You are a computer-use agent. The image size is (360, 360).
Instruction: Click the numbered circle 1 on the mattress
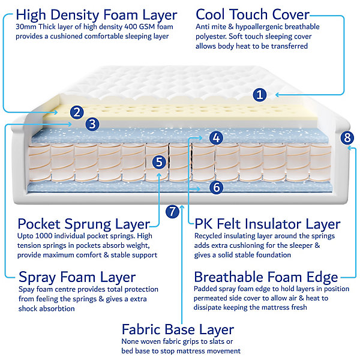click(260, 95)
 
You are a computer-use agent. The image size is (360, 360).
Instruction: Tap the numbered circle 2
click(77, 112)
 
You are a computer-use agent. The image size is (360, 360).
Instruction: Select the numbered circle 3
click(92, 124)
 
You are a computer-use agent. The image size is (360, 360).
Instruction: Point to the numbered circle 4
click(216, 138)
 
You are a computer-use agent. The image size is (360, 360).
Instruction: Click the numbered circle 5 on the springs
click(159, 162)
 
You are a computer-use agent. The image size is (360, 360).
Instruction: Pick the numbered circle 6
click(216, 187)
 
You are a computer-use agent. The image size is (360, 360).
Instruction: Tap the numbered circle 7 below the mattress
click(172, 211)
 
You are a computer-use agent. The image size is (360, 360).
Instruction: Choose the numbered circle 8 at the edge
click(347, 138)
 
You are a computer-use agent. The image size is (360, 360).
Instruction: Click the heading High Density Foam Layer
click(97, 15)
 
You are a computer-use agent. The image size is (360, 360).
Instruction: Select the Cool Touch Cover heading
click(253, 14)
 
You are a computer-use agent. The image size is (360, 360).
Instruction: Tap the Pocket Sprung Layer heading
click(84, 224)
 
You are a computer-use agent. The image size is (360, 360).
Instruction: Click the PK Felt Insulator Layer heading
click(268, 224)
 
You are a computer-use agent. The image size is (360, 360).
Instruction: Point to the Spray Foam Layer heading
click(77, 277)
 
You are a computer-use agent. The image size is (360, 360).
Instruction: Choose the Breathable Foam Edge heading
click(266, 277)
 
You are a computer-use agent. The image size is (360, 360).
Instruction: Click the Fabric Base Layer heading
click(178, 329)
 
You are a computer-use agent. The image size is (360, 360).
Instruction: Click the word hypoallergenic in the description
click(259, 27)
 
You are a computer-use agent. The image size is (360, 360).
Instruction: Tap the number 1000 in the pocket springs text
click(44, 236)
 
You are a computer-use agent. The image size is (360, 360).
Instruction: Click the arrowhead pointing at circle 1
click(277, 95)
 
